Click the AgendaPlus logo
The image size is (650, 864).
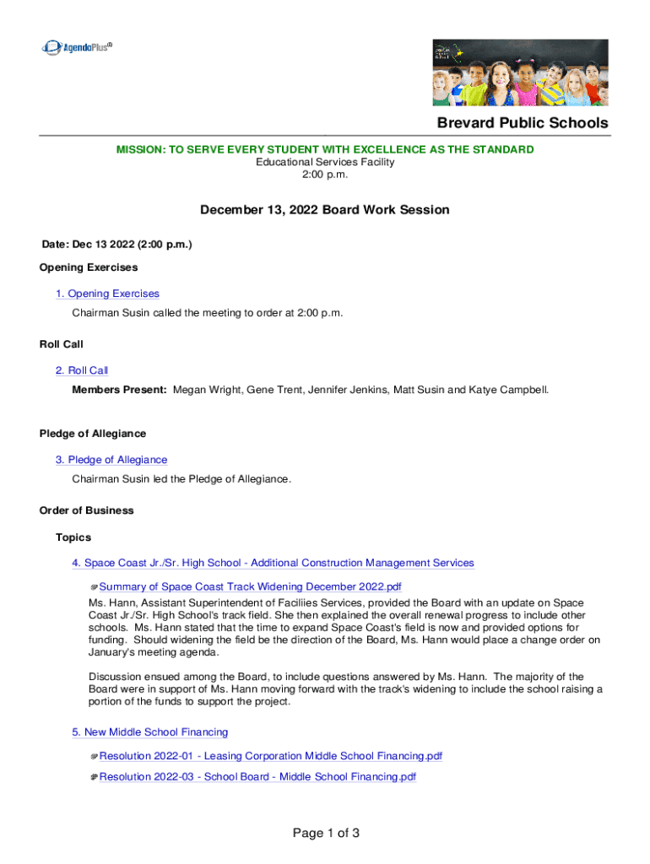[x=76, y=47]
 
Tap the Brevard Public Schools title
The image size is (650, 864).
[x=522, y=123]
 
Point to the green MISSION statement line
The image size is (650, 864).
[x=324, y=149]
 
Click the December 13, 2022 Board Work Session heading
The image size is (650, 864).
[x=324, y=209]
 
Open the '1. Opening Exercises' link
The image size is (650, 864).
[x=107, y=294]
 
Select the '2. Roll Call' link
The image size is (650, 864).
[x=82, y=370]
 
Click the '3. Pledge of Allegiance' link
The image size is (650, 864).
[x=111, y=460]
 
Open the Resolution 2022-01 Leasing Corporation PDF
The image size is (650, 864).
[x=270, y=756]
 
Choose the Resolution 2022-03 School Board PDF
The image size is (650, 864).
[x=257, y=777]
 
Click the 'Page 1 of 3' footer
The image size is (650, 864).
[x=326, y=834]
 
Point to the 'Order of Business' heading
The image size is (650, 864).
[x=86, y=510]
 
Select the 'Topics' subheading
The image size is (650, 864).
[x=73, y=537]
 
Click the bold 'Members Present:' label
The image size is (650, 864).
[x=119, y=390]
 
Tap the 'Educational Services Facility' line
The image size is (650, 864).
[x=325, y=162]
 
